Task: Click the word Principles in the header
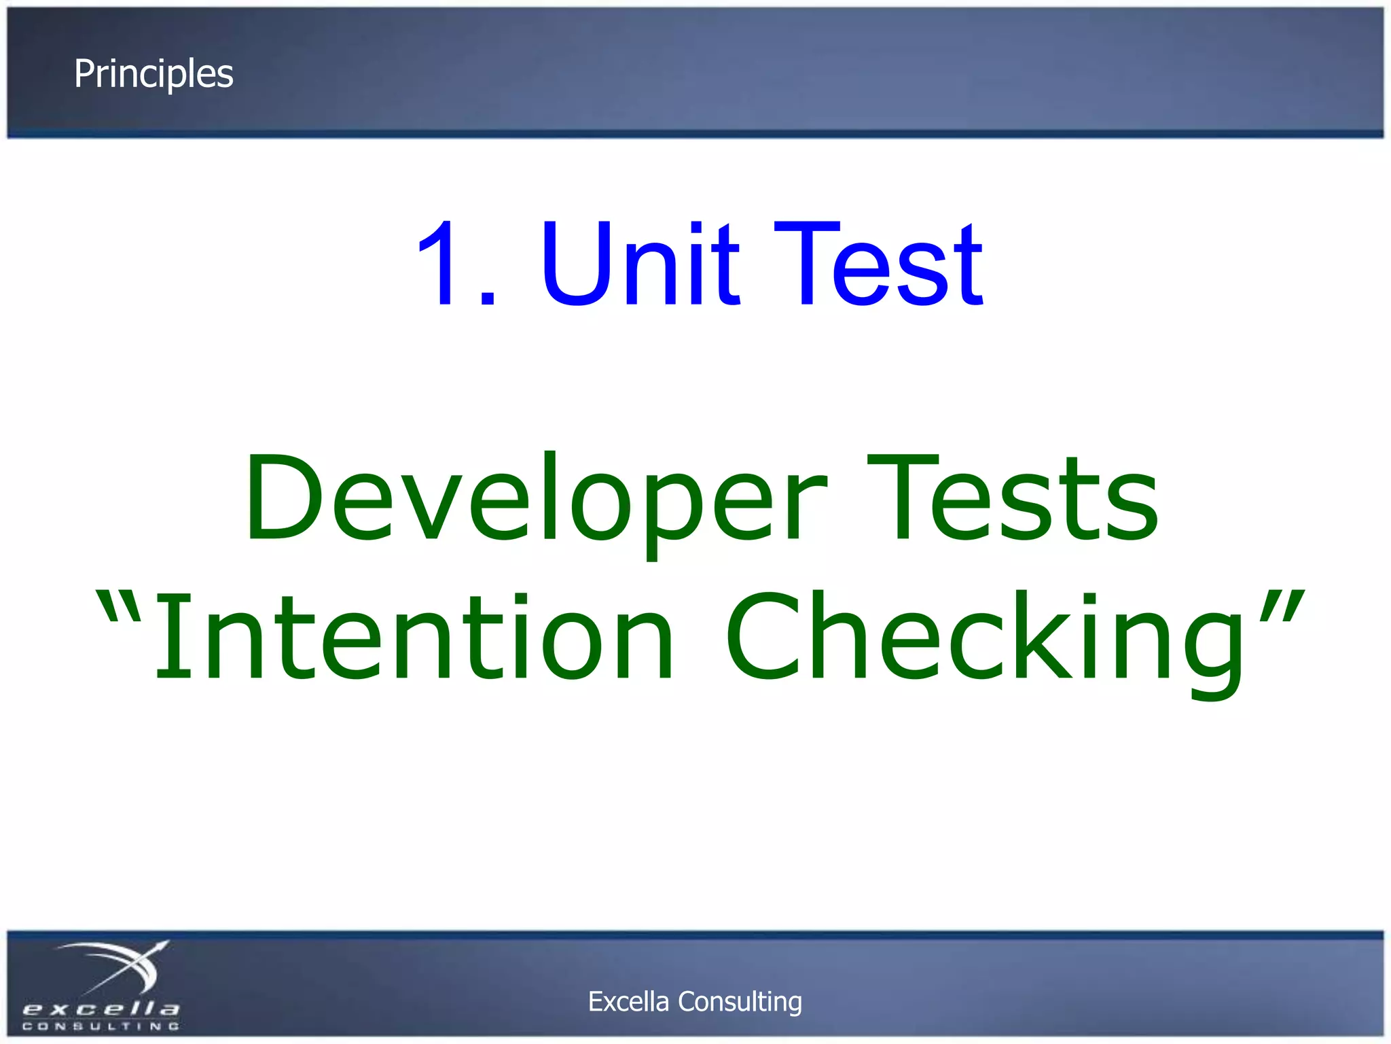153,74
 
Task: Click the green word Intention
414,636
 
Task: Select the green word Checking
985,636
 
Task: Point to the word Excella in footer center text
628,1001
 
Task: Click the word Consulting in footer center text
740,1001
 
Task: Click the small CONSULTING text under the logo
101,1026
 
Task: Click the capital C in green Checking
764,636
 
